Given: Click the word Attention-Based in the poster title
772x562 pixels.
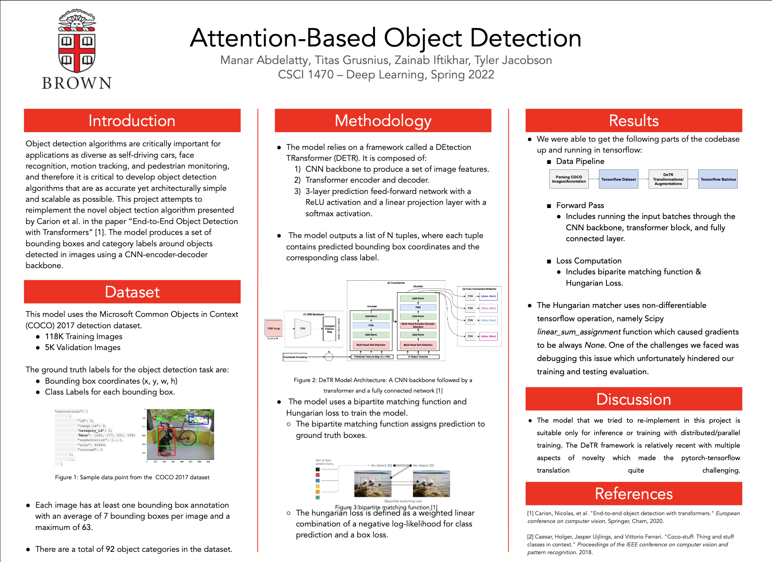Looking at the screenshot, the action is coord(283,38).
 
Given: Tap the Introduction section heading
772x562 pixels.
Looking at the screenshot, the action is coord(132,121).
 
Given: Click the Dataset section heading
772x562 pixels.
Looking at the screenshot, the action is coord(132,292).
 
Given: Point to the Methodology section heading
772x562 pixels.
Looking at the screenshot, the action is coord(383,121).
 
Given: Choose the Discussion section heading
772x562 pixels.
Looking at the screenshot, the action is coord(633,399).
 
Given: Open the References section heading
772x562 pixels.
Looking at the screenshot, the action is coord(633,494).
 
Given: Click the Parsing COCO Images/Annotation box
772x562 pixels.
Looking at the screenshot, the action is coord(568,179).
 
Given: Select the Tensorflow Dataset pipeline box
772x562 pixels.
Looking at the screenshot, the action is coord(618,179).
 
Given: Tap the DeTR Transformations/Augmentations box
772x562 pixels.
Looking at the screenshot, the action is coord(668,179).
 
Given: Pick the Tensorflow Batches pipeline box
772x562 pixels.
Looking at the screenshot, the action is coord(718,179).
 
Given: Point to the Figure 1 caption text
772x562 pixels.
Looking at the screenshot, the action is coord(132,477).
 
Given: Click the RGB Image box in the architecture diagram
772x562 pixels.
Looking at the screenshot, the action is coord(274,328).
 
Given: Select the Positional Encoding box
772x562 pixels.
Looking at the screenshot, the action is coord(295,357).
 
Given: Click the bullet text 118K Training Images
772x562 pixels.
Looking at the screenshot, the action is coord(83,336).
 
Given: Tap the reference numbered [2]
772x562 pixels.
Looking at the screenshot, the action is coord(630,544).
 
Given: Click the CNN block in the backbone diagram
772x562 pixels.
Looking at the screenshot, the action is coord(303,328).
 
